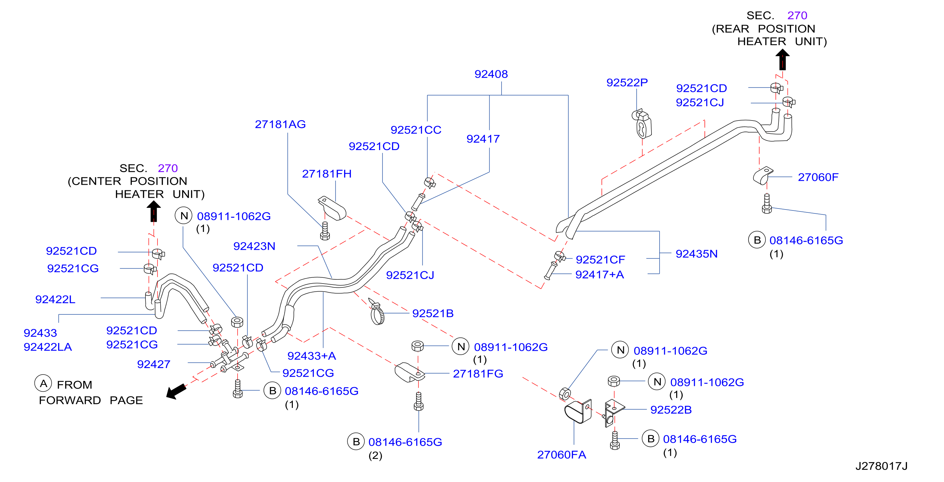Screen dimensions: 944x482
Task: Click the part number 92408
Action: click(491, 74)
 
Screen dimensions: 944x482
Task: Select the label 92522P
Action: click(627, 82)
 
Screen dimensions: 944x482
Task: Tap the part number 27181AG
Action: click(280, 124)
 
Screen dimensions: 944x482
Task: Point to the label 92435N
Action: click(696, 254)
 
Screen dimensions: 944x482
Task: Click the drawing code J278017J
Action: click(881, 466)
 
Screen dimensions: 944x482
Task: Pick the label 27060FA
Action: click(561, 454)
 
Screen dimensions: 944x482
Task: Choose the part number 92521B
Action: click(433, 313)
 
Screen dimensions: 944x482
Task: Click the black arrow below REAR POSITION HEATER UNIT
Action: click(782, 59)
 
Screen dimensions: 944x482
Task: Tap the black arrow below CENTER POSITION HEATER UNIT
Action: click(154, 211)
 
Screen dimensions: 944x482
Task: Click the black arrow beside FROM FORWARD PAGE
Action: click(176, 391)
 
